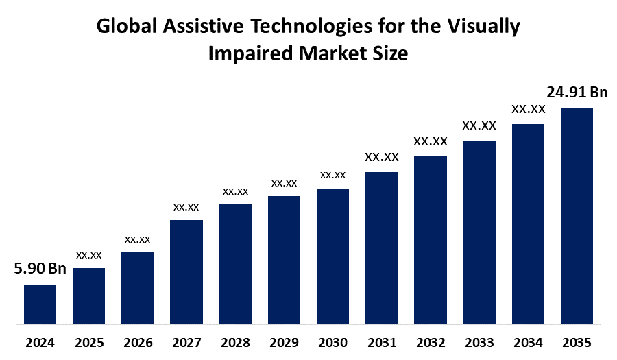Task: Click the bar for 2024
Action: point(40,303)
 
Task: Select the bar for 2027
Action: point(186,271)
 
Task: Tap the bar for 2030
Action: point(332,255)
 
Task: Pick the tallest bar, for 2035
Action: point(577,215)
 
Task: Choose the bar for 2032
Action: point(431,239)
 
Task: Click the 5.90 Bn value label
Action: point(40,269)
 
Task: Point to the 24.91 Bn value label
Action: point(577,92)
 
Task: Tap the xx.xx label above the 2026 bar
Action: point(138,239)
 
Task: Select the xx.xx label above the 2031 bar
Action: point(382,158)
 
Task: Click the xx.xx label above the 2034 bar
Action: point(528,109)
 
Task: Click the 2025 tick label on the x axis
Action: point(89,342)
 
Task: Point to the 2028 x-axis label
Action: point(235,342)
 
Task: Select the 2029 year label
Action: point(284,342)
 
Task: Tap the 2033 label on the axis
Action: point(479,342)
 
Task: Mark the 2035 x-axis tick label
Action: point(577,342)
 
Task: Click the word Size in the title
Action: point(391,54)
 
